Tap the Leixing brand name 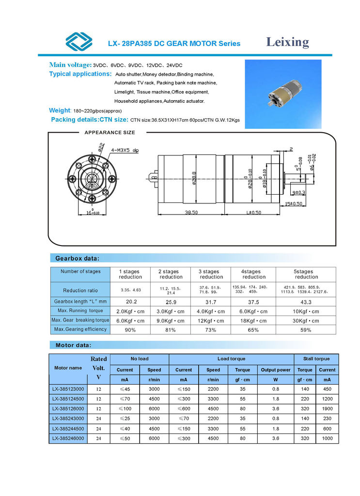pyautogui.click(x=287, y=42)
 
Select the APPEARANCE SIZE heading pyautogui.click(x=110, y=132)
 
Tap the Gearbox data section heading pyautogui.click(x=78, y=258)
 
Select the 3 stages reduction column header pyautogui.click(x=211, y=274)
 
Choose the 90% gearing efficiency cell pyautogui.click(x=130, y=330)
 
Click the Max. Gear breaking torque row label pyautogui.click(x=80, y=320)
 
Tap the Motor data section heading pyautogui.click(x=73, y=345)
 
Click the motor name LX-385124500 pyautogui.click(x=68, y=399)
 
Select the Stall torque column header pyautogui.click(x=316, y=359)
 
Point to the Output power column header pyautogui.click(x=275, y=370)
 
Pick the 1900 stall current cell pyautogui.click(x=327, y=409)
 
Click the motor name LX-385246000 pyautogui.click(x=68, y=438)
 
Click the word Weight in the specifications pyautogui.click(x=60, y=110)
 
